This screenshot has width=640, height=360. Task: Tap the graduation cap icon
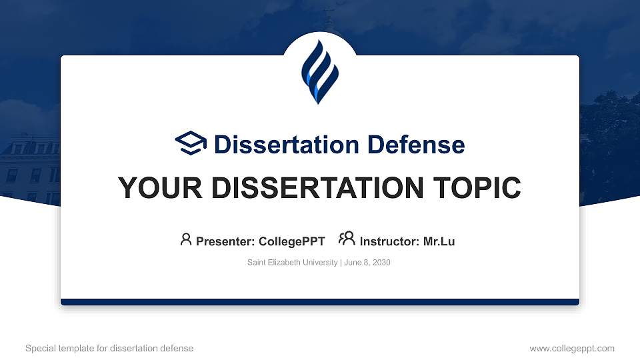coord(191,143)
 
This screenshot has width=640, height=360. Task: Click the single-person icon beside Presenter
coord(186,239)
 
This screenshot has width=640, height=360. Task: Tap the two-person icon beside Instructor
coord(347,239)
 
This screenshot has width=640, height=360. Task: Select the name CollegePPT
coord(291,241)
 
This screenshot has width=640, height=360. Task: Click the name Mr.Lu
coord(439,241)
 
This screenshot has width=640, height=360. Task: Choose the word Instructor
coord(389,241)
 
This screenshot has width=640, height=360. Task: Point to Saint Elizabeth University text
coord(292,263)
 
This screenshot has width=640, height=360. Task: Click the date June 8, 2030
coord(367,263)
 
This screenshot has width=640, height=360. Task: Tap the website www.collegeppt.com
coord(572,349)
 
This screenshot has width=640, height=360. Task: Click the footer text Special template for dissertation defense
coord(109,349)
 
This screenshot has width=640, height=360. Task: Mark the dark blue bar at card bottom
coord(320,302)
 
